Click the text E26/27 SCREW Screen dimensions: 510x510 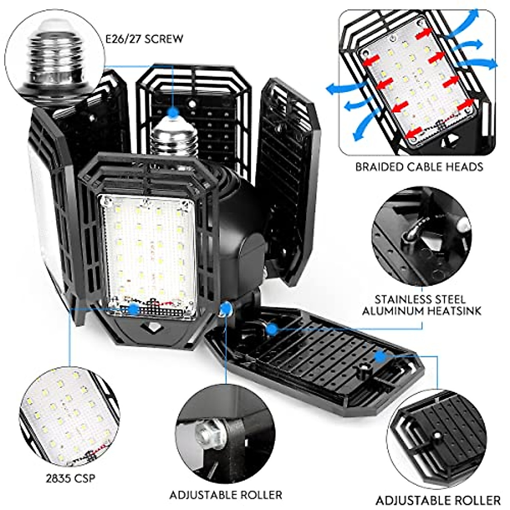coord(144,39)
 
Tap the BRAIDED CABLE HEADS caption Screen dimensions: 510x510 coord(419,167)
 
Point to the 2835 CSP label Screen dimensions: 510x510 coord(71,478)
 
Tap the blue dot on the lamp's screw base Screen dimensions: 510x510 coord(173,113)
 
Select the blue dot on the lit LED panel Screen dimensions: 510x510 coord(133,309)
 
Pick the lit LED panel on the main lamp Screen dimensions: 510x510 coord(149,255)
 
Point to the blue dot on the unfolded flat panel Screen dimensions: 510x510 coord(380,356)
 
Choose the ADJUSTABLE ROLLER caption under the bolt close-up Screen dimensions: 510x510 coord(225,495)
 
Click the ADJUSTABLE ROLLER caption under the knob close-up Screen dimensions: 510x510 coord(438,500)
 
